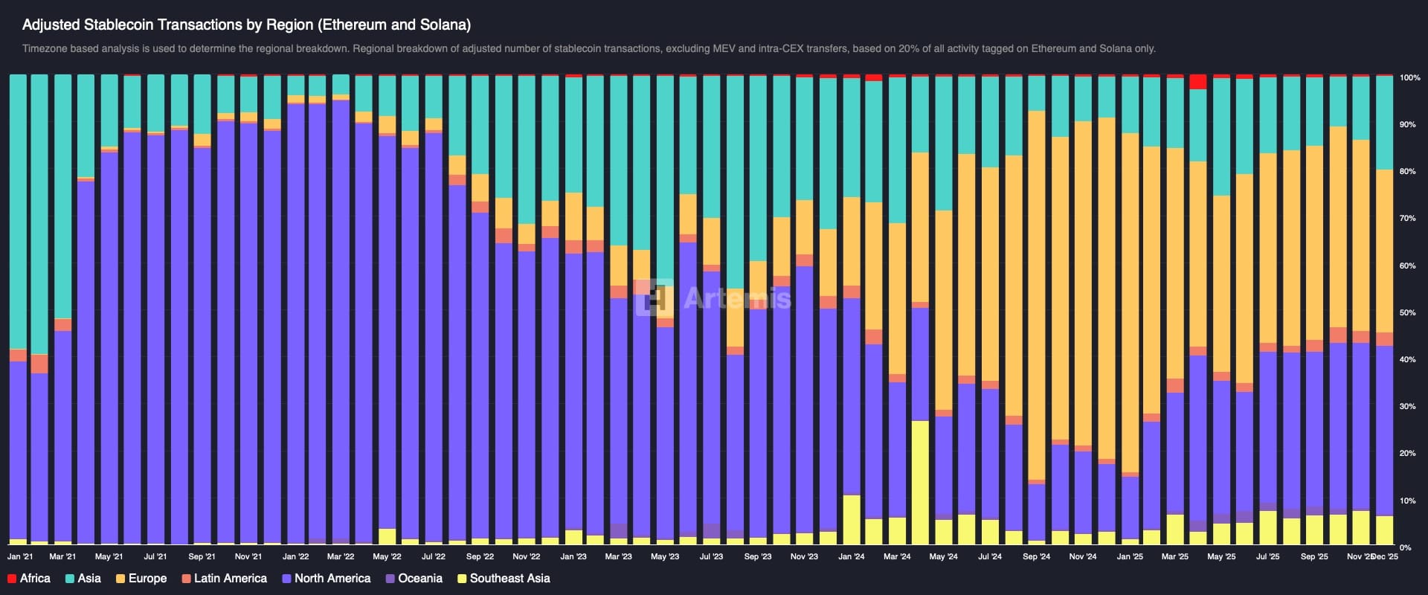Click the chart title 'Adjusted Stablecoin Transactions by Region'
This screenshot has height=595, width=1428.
click(x=245, y=25)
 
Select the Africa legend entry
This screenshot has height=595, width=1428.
click(x=29, y=579)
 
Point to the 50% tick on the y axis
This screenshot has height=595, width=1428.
click(x=1407, y=312)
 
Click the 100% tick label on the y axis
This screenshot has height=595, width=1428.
click(x=1409, y=77)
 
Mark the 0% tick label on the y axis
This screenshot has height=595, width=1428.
click(x=1405, y=547)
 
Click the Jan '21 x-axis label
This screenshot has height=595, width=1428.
click(x=20, y=556)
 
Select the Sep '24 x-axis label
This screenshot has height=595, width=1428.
click(x=1036, y=556)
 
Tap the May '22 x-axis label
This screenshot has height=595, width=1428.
click(x=387, y=556)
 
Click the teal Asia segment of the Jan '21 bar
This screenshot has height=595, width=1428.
click(x=18, y=208)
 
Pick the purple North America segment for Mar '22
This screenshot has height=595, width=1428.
click(x=341, y=320)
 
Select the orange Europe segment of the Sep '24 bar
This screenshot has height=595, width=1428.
click(x=1036, y=297)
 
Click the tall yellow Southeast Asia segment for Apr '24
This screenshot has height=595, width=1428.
click(x=920, y=483)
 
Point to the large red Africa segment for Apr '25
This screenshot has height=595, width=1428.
click(x=1197, y=82)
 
